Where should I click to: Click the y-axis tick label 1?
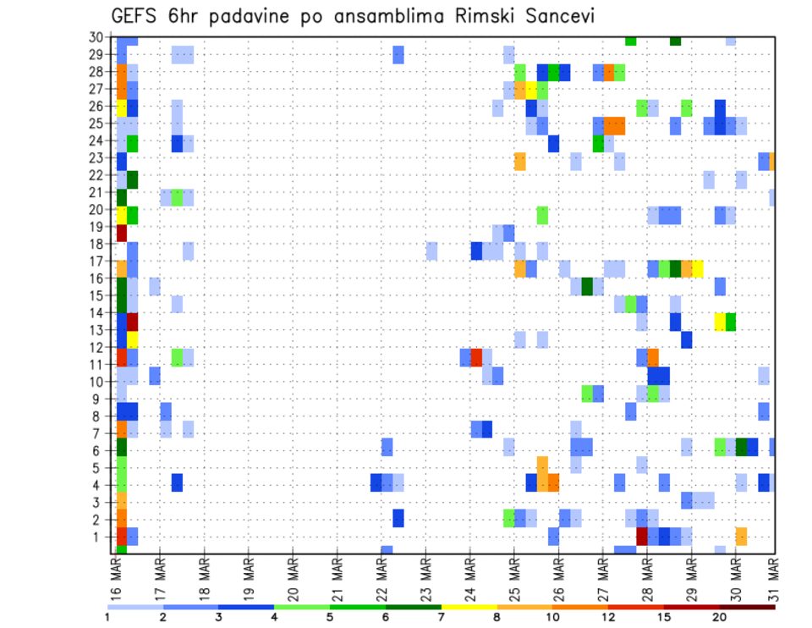pyautogui.click(x=99, y=537)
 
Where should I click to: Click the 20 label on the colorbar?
pyautogui.click(x=720, y=617)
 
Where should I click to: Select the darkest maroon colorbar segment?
pyautogui.click(x=748, y=607)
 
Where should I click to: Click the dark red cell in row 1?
pyautogui.click(x=641, y=536)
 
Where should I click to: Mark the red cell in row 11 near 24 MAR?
pyautogui.click(x=476, y=357)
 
